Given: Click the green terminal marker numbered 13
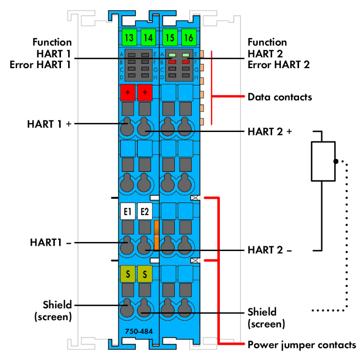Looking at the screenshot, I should [x=128, y=37].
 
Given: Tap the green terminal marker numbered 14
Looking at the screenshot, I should [x=148, y=37].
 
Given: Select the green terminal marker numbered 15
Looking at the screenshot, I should [x=169, y=37].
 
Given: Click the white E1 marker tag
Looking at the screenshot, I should [x=128, y=211].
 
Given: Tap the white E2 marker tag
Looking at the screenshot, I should [x=145, y=211].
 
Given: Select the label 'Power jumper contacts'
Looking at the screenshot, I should [x=302, y=345].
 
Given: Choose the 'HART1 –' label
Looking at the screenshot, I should [x=49, y=243].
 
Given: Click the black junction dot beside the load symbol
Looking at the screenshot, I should [x=336, y=161].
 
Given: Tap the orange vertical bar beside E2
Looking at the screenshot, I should [x=156, y=235].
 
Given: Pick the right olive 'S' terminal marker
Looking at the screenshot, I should [x=145, y=274].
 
